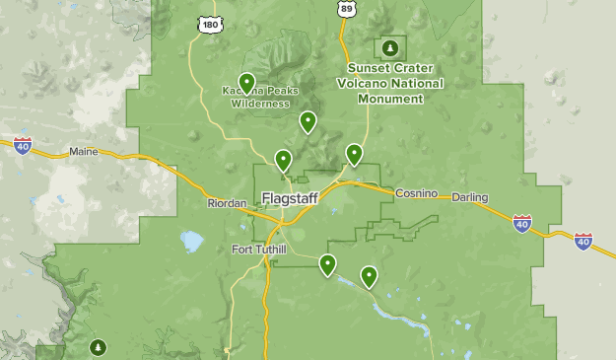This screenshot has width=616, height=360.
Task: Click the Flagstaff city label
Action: tap(290, 198)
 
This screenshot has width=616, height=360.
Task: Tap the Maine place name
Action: tap(84, 152)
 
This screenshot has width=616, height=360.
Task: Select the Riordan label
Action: tap(226, 203)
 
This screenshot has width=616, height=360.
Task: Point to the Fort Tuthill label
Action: tap(258, 249)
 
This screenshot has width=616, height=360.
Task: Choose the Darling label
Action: tap(470, 197)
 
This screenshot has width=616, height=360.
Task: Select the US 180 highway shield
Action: tap(208, 23)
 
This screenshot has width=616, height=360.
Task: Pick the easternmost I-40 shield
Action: tap(583, 240)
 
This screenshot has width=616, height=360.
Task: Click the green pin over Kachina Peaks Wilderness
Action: tap(246, 82)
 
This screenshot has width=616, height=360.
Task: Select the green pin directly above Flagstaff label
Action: tap(283, 159)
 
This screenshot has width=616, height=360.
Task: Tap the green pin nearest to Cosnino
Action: tap(354, 153)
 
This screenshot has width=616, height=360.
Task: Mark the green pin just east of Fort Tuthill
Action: tap(327, 263)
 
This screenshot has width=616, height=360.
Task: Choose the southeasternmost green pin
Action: tap(369, 275)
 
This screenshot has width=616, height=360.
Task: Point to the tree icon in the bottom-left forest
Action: tap(98, 347)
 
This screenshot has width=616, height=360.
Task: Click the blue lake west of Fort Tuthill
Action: tap(191, 241)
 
